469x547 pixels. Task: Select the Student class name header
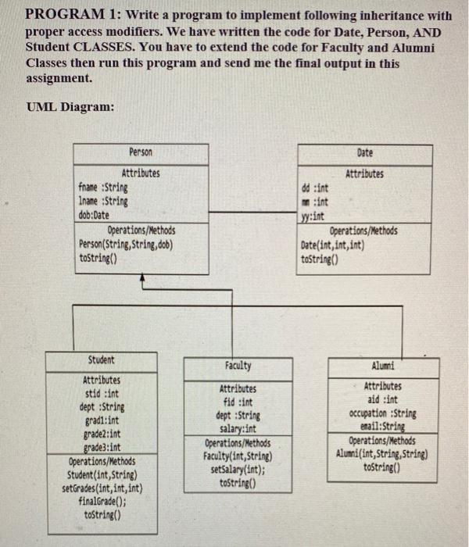[101, 360]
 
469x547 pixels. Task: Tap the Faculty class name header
[238, 366]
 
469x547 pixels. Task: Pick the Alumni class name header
[384, 366]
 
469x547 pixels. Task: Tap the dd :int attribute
[315, 188]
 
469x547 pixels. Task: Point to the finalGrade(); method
[100, 502]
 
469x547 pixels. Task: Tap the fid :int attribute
[238, 402]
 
